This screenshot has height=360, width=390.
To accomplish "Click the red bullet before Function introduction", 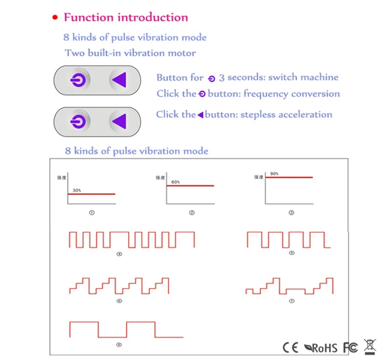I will point(55,18).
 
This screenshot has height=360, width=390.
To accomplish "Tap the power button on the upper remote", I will point(80,80).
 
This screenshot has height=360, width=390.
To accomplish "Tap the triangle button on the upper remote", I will point(119,80).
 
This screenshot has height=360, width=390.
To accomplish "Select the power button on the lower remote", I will point(80,122).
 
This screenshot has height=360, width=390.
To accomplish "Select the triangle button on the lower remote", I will point(119,122).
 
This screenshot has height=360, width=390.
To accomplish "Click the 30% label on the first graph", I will point(77,190).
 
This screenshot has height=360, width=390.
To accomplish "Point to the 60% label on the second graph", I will point(176,182).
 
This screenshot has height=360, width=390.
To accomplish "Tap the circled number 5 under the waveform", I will point(292,253).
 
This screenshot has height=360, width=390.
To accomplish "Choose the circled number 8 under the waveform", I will point(119,344).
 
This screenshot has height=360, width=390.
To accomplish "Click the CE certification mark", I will point(290,347).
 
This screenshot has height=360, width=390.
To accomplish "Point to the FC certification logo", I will point(350,347).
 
